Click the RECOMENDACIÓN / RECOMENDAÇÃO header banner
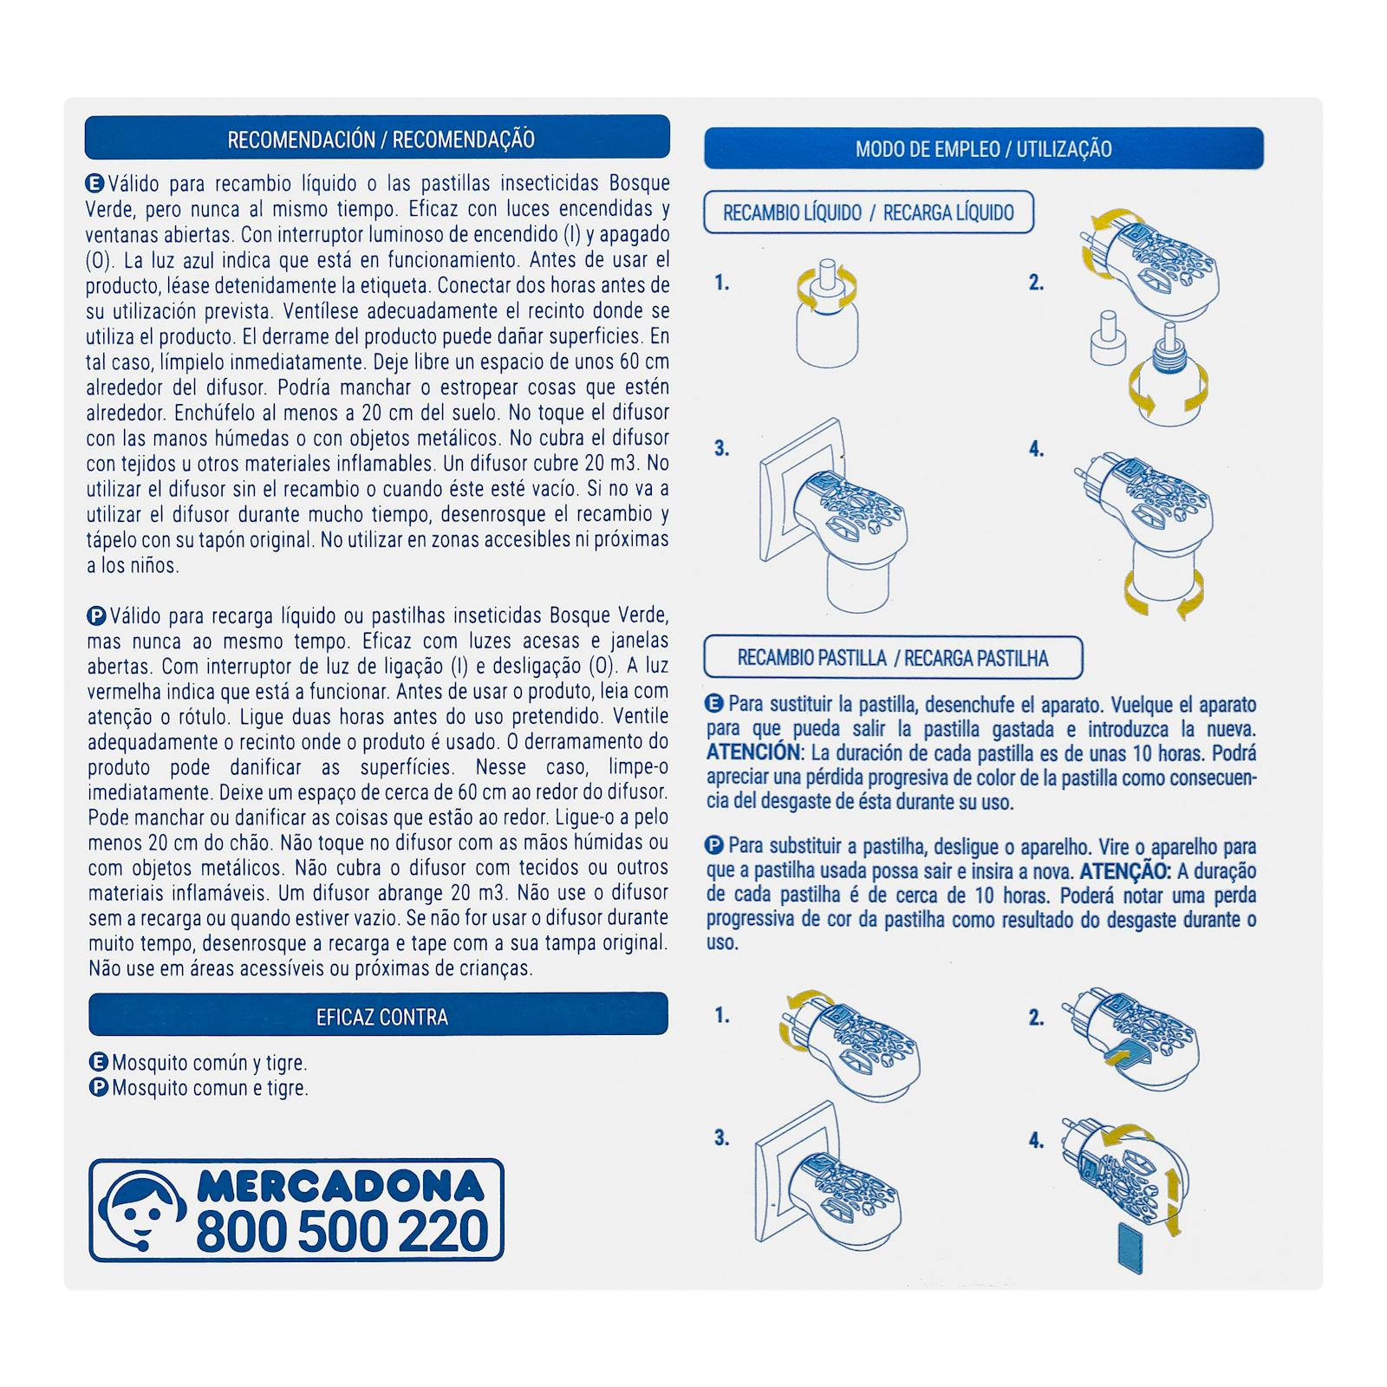(377, 137)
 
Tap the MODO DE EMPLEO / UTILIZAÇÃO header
(984, 148)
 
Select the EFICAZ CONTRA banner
(378, 1014)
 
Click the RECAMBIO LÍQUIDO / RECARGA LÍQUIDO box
(869, 212)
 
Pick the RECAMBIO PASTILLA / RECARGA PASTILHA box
(893, 658)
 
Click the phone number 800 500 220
(342, 1231)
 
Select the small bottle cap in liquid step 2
(1106, 338)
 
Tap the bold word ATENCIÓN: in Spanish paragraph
(753, 752)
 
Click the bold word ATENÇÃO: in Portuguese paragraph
(1125, 871)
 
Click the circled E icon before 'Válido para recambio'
(94, 183)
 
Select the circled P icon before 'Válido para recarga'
(96, 616)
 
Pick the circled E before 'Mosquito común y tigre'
(99, 1062)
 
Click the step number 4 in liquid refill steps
(1036, 449)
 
